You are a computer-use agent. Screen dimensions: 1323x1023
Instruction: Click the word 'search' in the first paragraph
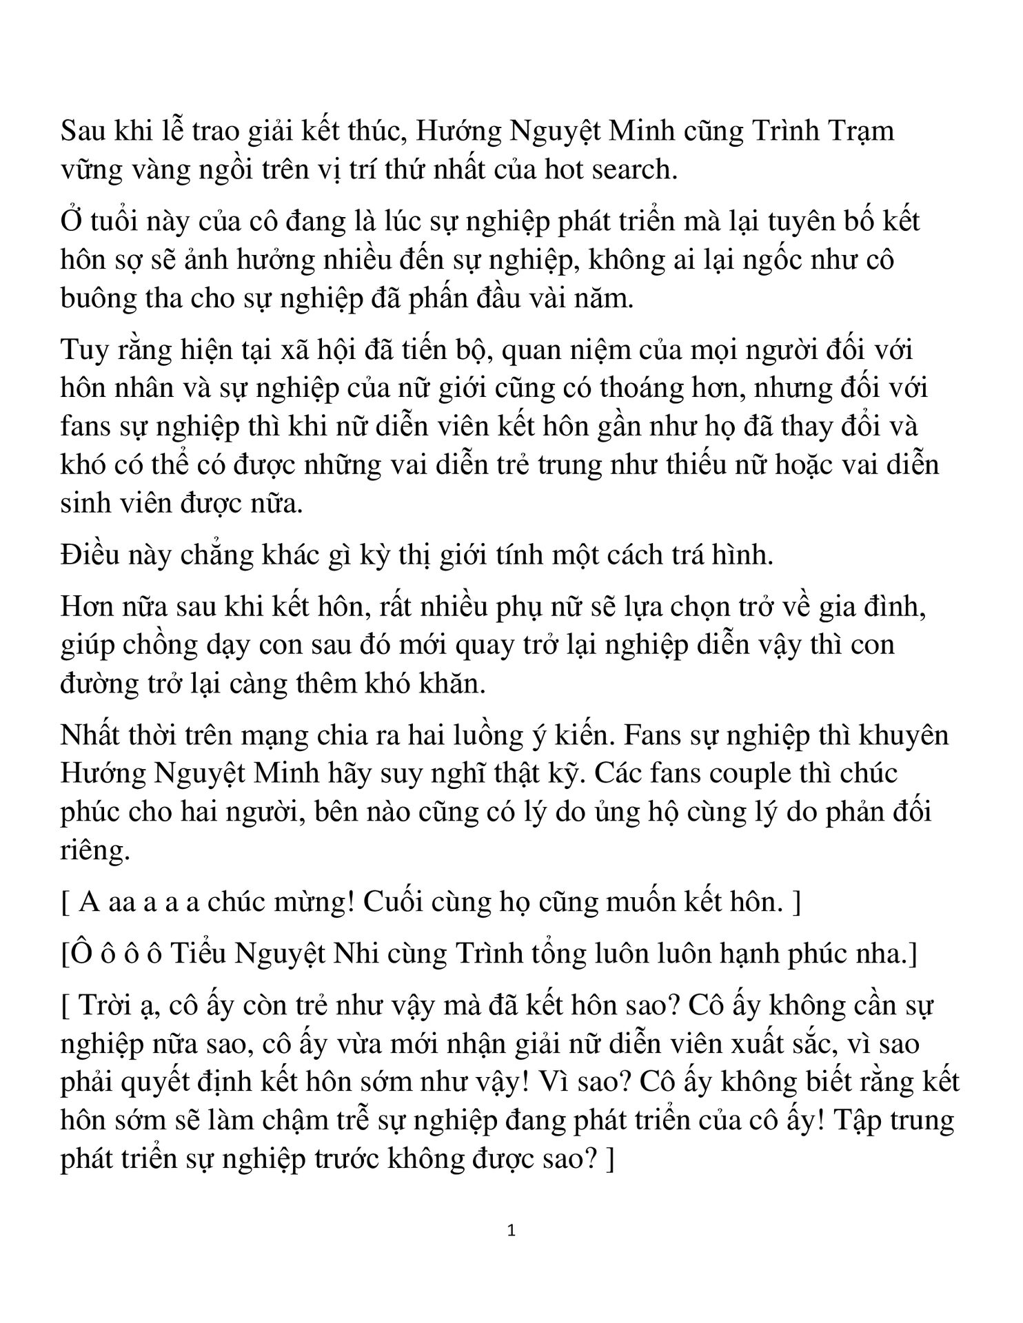[628, 169]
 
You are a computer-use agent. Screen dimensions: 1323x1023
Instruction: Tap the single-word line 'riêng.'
[95, 852]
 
